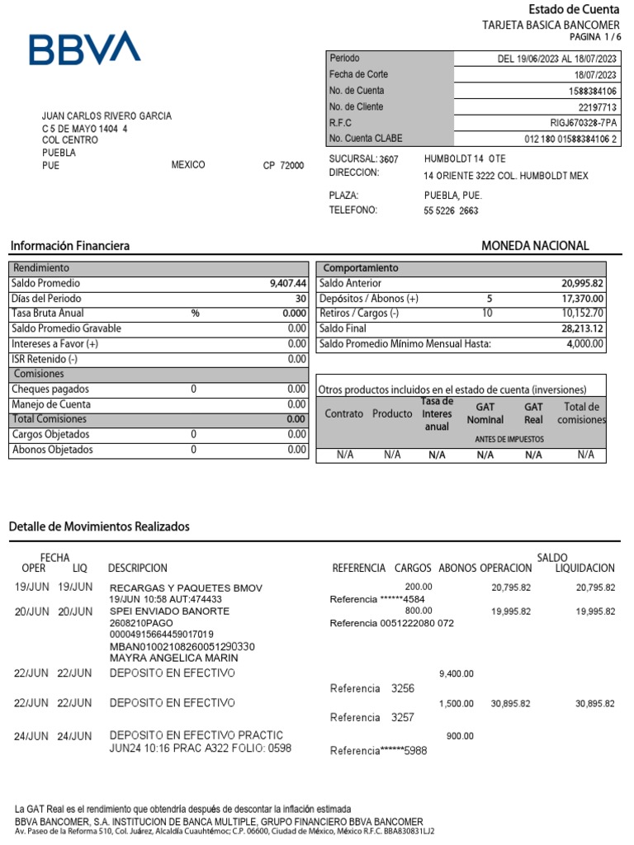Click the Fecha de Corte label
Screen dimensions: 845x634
pyautogui.click(x=358, y=74)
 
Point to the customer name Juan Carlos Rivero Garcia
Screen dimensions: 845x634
pyautogui.click(x=107, y=116)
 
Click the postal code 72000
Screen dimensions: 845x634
pyautogui.click(x=291, y=166)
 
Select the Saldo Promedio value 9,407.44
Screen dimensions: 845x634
pyautogui.click(x=288, y=283)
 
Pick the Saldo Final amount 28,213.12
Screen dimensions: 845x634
pyautogui.click(x=582, y=328)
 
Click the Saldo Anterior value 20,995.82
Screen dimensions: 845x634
pyautogui.click(x=582, y=283)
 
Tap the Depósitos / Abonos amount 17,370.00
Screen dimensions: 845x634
pyautogui.click(x=583, y=299)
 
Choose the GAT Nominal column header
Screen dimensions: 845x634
pyautogui.click(x=485, y=413)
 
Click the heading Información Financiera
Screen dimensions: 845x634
pyautogui.click(x=69, y=246)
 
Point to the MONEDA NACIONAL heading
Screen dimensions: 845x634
pyautogui.click(x=535, y=246)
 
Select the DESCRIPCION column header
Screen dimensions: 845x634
pyautogui.click(x=137, y=569)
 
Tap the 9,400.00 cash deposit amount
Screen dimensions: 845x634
pyautogui.click(x=456, y=673)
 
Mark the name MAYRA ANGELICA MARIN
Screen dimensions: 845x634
pyautogui.click(x=173, y=659)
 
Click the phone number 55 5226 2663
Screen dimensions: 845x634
pyautogui.click(x=451, y=210)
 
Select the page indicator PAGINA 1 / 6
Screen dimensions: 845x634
pyautogui.click(x=594, y=37)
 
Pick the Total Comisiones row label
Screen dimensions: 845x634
pyautogui.click(x=50, y=419)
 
